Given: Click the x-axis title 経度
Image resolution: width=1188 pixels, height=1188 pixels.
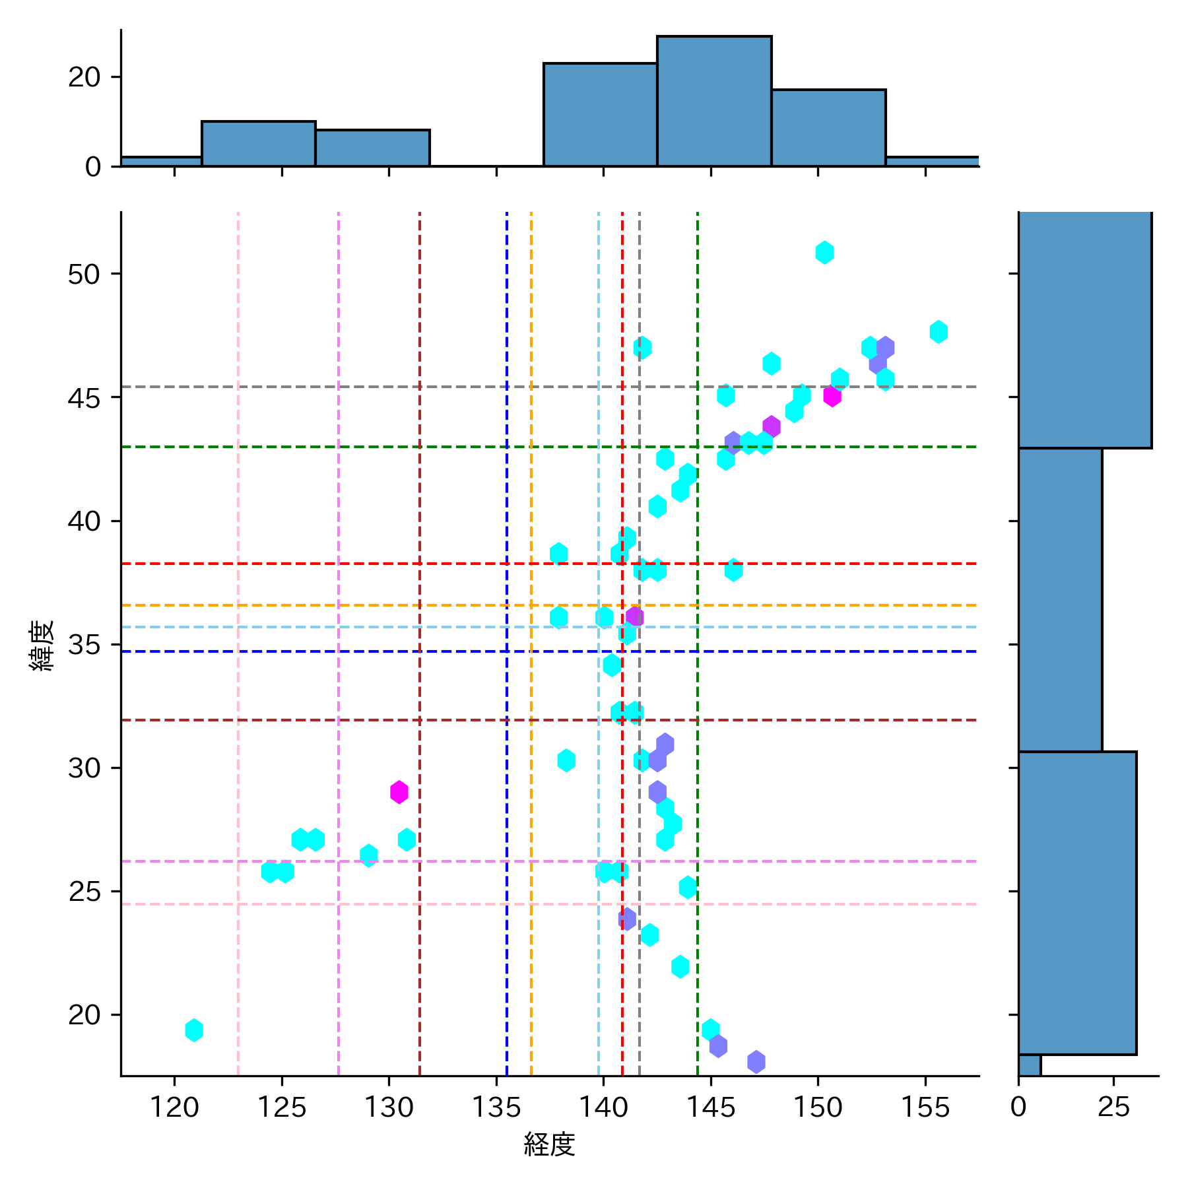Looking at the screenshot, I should (549, 1144).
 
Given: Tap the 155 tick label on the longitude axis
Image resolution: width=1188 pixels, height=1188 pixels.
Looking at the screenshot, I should (925, 1107).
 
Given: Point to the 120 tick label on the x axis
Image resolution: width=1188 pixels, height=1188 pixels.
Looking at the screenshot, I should (174, 1107).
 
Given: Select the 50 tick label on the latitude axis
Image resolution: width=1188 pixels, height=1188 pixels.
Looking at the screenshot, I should (84, 274).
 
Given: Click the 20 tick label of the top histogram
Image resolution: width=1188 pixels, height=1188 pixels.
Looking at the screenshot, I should (84, 77).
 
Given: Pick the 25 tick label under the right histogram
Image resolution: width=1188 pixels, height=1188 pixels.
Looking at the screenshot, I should (1113, 1107).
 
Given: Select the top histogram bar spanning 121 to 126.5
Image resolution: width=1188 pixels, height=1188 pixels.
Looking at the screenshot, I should (258, 143).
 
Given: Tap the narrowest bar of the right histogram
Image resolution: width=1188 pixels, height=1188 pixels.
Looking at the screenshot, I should (1029, 1065).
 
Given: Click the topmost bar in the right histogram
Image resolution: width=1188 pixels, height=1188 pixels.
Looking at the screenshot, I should (1084, 330).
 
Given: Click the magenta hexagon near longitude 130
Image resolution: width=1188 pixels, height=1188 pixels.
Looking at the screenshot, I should (399, 791).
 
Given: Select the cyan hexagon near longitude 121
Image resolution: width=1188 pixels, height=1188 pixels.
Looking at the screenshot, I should (193, 1030).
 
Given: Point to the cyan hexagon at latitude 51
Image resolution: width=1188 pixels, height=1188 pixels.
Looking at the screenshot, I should (824, 252).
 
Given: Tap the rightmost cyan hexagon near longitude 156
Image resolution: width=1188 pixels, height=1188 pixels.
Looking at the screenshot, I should (939, 331).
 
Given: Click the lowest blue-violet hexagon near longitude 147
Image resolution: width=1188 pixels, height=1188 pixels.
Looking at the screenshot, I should (756, 1061).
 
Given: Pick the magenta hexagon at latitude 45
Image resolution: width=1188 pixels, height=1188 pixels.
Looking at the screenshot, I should (832, 396).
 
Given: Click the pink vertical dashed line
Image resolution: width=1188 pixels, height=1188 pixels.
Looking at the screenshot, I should (238, 594).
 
